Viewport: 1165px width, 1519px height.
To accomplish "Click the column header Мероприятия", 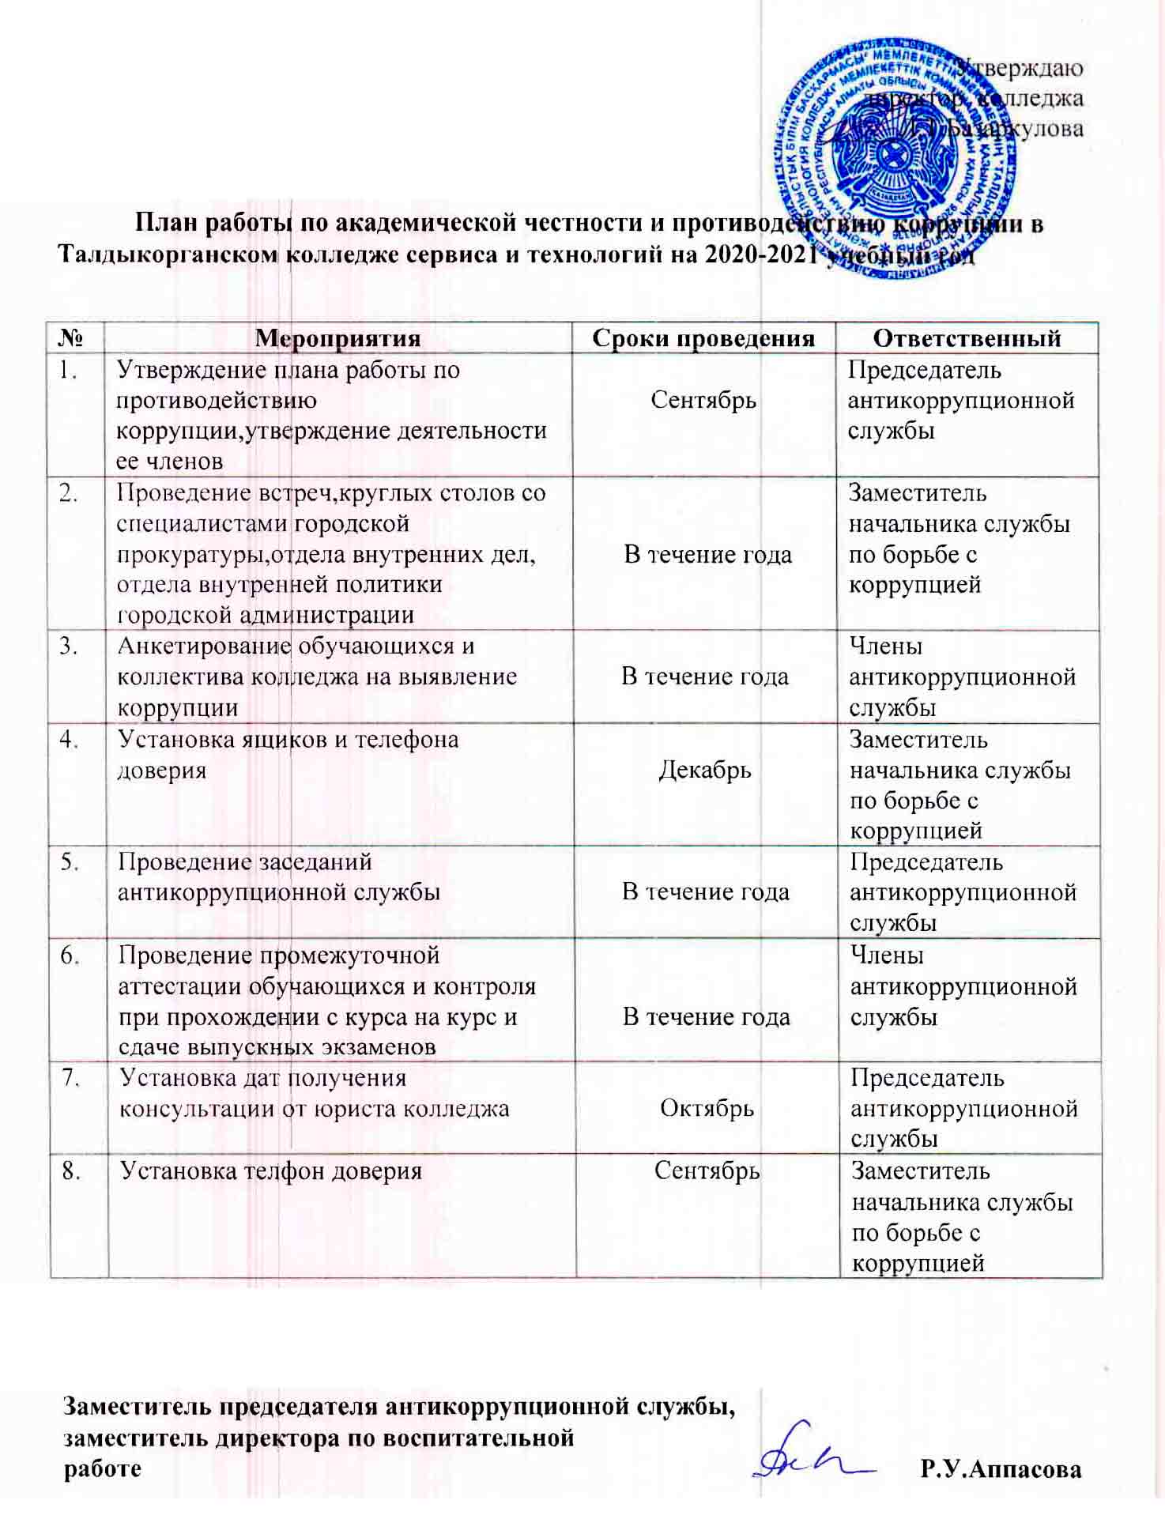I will pyautogui.click(x=337, y=338).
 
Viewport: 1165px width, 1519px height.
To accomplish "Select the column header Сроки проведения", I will pyautogui.click(x=703, y=338).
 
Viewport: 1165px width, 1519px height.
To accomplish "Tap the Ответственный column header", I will pyautogui.click(x=967, y=338).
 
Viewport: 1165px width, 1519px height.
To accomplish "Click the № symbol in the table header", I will pyautogui.click(x=74, y=338).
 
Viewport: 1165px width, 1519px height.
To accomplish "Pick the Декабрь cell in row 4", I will pyautogui.click(x=705, y=770).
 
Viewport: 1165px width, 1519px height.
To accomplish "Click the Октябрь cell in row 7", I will pyautogui.click(x=707, y=1108).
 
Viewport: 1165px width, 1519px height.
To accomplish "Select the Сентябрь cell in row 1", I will pyautogui.click(x=703, y=400).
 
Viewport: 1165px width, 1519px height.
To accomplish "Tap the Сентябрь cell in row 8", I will pyautogui.click(x=707, y=1170).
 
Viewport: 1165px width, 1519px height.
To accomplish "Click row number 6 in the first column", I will pyautogui.click(x=71, y=956).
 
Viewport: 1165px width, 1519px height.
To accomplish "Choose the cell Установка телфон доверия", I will pyautogui.click(x=270, y=1171).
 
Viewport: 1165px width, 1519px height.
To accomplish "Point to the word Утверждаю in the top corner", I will pyautogui.click(x=1020, y=68).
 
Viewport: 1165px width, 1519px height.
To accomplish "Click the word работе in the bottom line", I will pyautogui.click(x=103, y=1469).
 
